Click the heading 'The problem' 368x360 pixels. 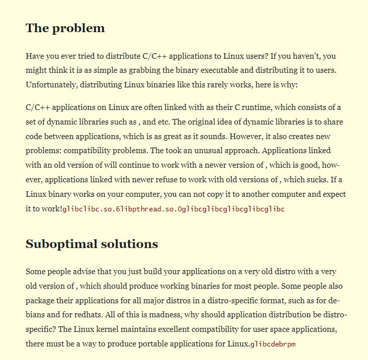65,28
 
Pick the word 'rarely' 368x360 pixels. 211,85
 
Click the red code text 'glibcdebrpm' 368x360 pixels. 275,344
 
